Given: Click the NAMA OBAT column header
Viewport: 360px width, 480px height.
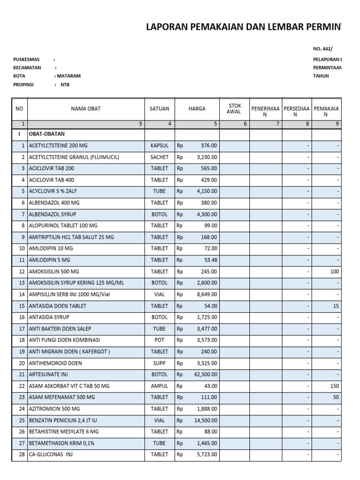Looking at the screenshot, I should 86,109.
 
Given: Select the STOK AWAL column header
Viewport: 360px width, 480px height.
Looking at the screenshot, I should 234,109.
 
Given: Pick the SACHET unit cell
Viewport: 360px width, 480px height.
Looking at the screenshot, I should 159,157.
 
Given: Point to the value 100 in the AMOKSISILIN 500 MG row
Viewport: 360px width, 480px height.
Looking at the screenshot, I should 334,271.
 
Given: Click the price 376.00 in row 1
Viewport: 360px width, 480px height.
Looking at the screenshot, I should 209,145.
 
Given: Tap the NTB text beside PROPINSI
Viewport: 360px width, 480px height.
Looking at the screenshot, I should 65,85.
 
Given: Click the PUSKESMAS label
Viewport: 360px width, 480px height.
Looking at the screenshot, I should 26,60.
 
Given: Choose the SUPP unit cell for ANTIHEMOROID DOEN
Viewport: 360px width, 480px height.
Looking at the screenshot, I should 159,363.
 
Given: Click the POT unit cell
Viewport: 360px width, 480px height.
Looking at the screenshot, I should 159,340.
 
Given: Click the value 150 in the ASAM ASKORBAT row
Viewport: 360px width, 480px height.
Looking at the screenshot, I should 334,386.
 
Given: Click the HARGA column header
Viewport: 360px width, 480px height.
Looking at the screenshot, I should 197,109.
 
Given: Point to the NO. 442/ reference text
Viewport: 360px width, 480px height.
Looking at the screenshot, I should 322,49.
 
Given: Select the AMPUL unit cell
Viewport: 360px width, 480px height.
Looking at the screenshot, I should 159,386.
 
